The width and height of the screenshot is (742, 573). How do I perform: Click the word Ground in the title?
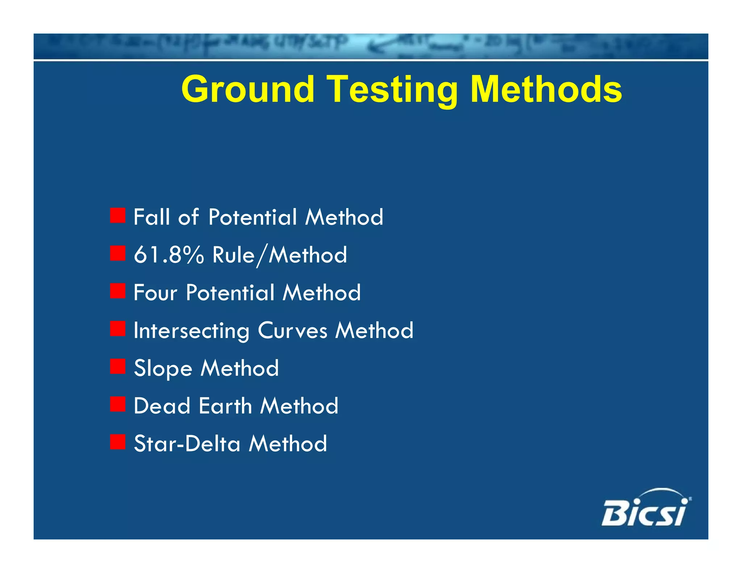[x=247, y=89]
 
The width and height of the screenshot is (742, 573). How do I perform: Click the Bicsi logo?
[x=645, y=509]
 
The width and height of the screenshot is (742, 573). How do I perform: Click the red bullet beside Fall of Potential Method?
[x=118, y=216]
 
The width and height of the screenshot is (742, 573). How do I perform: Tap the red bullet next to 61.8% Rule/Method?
[x=118, y=253]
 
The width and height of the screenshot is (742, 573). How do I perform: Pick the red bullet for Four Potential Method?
[x=118, y=291]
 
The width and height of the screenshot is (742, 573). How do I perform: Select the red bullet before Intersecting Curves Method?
[x=118, y=329]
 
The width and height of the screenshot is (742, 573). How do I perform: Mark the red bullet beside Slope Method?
[x=118, y=366]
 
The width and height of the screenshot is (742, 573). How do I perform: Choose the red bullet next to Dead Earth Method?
[x=118, y=404]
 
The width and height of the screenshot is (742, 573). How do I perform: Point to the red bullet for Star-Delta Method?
[x=118, y=442]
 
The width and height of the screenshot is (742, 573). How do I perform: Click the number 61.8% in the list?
[x=169, y=255]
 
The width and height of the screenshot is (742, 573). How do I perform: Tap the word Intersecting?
[x=191, y=331]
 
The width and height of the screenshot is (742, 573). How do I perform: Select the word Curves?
[x=292, y=331]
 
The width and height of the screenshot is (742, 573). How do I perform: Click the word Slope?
[x=163, y=369]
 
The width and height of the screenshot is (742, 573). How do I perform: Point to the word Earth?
[x=225, y=406]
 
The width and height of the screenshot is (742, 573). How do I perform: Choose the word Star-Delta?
[x=187, y=444]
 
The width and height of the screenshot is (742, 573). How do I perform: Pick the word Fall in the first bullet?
[x=151, y=217]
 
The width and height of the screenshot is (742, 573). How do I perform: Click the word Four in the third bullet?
[x=155, y=293]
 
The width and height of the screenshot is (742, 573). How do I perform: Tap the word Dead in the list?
[x=162, y=406]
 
